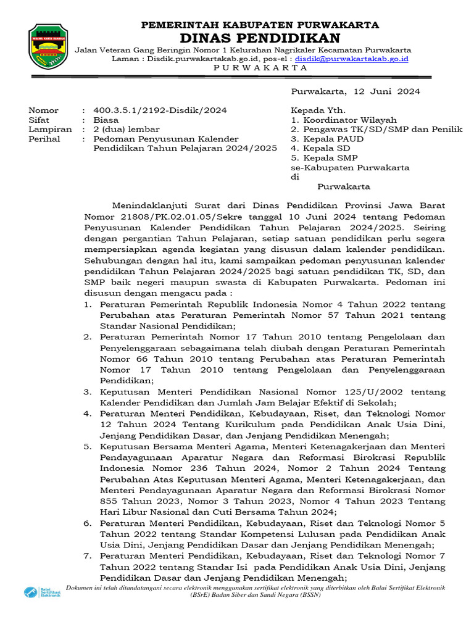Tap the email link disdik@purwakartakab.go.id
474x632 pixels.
351,59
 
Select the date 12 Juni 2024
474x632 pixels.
388,91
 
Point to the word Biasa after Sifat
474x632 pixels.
106,120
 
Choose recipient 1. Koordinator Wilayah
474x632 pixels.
344,120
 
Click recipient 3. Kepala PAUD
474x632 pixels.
327,139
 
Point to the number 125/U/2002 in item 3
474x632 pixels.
375,391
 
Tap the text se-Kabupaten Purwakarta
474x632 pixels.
350,168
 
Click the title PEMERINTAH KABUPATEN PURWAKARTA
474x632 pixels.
260,25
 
